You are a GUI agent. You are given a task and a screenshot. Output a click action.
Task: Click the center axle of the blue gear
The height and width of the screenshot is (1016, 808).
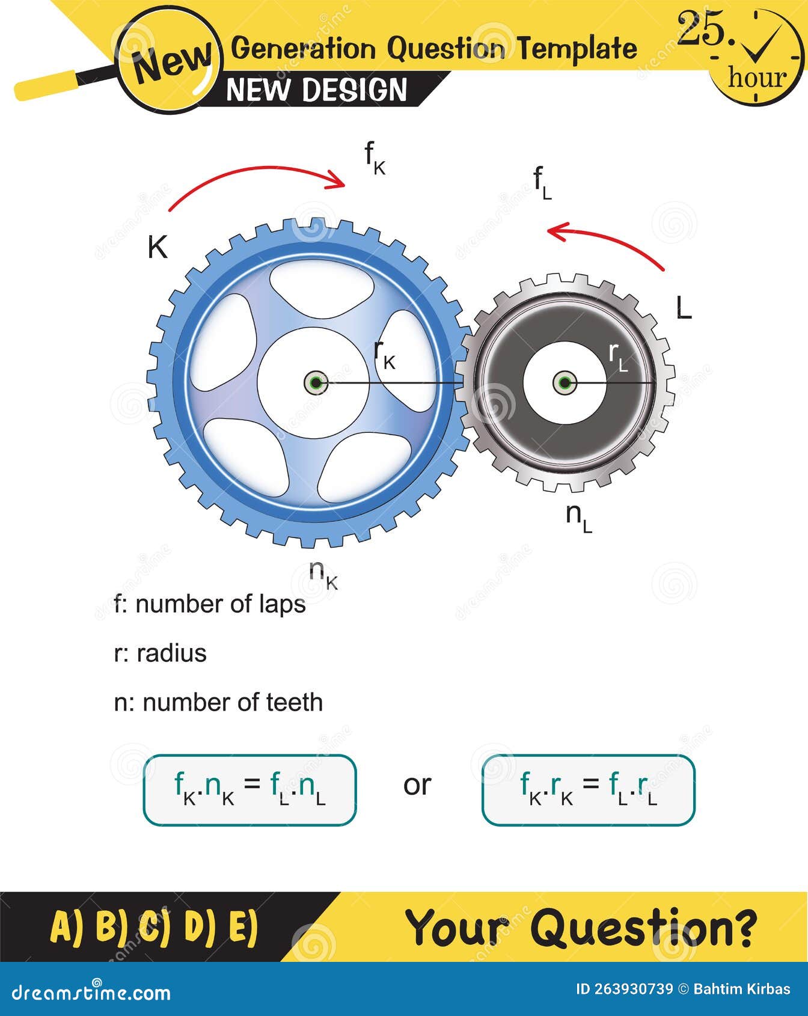coord(315,382)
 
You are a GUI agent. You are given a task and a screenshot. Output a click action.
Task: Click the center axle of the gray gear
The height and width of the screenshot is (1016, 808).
coord(564,382)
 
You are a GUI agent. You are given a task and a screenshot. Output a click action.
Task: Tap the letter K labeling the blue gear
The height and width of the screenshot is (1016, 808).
coord(158,247)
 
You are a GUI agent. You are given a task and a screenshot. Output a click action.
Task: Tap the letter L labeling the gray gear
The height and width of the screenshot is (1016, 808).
coord(684,308)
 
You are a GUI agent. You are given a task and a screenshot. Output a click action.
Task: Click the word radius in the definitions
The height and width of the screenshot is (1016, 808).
coord(171,653)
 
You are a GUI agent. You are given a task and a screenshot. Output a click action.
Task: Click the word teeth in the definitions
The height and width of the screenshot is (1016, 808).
coord(294,703)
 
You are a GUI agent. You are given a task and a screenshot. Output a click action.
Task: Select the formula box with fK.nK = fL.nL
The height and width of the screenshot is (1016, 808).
coord(249,789)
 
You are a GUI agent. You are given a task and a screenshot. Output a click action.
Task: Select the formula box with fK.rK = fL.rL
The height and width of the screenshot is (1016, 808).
coord(588,789)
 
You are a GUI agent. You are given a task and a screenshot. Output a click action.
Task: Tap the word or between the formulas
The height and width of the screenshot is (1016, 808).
coord(417,785)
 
